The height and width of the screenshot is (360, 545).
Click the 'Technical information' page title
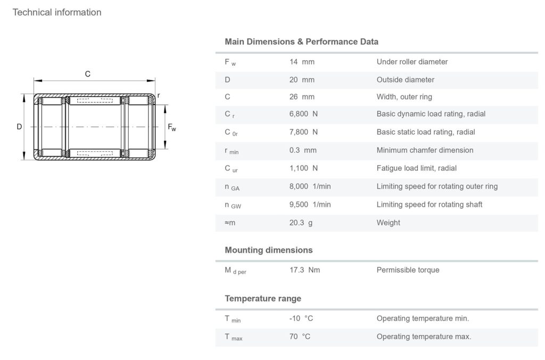pos(57,12)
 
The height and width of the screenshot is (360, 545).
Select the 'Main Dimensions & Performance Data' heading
pos(301,42)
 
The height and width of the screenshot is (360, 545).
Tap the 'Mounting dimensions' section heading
pos(268,250)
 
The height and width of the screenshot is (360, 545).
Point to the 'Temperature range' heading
pos(263,298)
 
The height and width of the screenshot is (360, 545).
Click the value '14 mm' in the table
pos(302,62)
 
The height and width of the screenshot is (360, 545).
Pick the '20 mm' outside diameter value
pos(302,80)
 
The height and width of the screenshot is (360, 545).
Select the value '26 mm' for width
pos(302,97)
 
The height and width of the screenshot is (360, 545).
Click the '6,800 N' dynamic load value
pos(303,114)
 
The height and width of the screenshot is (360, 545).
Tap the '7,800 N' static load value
pos(303,132)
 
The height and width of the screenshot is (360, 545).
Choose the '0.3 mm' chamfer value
pos(303,150)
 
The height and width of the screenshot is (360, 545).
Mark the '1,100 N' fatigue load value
pos(303,168)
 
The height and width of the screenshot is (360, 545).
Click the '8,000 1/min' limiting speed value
pos(310,186)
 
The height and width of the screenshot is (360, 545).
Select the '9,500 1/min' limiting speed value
pos(310,204)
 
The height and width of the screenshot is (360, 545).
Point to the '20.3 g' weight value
pos(301,223)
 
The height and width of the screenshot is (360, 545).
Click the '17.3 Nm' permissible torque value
pos(304,270)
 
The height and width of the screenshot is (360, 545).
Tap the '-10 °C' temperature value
pos(301,318)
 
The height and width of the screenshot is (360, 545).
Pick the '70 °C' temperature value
pos(300,337)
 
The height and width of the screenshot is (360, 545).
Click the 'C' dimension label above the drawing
pos(88,75)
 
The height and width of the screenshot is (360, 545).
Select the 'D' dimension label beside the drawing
pos(19,127)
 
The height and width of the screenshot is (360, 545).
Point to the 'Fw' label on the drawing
pos(172,127)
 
